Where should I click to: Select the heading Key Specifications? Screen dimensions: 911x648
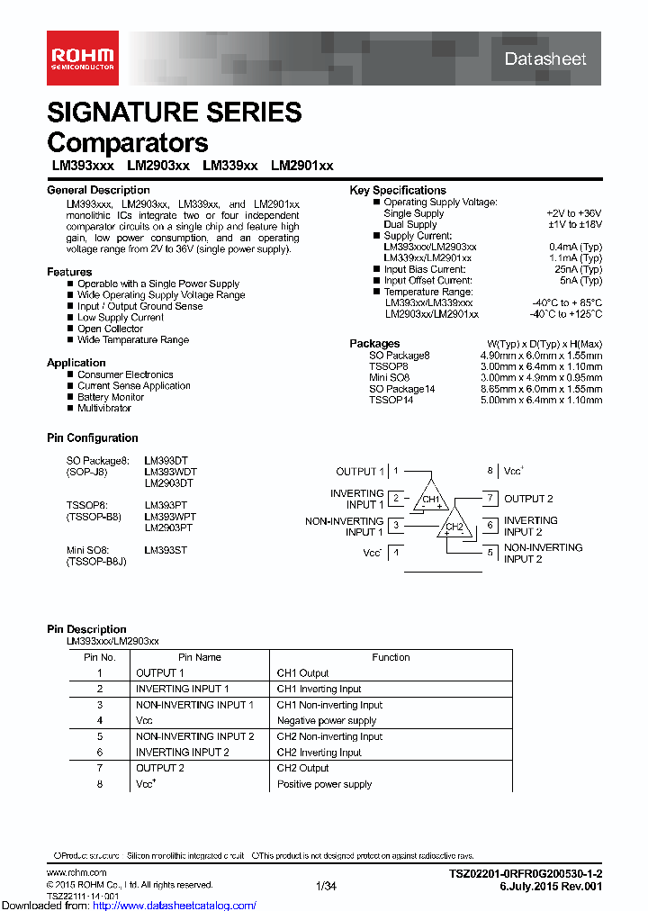pos(397,190)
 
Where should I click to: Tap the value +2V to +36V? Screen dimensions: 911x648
pos(573,213)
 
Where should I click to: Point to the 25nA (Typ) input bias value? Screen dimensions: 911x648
pos(578,269)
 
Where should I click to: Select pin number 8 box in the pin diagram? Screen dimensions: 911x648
pos(490,471)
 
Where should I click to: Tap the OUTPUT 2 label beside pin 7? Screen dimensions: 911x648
pos(528,499)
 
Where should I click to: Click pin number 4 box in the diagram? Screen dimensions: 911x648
pos(397,553)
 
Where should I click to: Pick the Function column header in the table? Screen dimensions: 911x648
pos(391,657)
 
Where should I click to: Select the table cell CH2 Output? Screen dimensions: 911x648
pos(302,768)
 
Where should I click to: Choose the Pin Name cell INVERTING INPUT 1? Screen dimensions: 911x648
pos(182,689)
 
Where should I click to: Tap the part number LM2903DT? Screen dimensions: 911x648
pos(168,483)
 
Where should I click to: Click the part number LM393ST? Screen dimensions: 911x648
pos(166,549)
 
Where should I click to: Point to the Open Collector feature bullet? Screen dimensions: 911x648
pos(110,329)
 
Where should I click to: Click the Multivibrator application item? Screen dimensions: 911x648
pos(103,408)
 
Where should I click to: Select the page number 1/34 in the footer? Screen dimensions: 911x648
pos(326,887)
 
